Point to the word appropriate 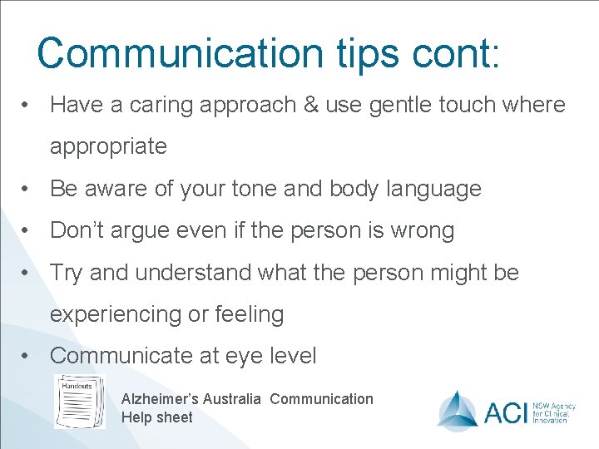pyautogui.click(x=108, y=147)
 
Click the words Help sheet pyautogui.click(x=156, y=417)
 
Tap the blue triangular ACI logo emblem pyautogui.click(x=458, y=408)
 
